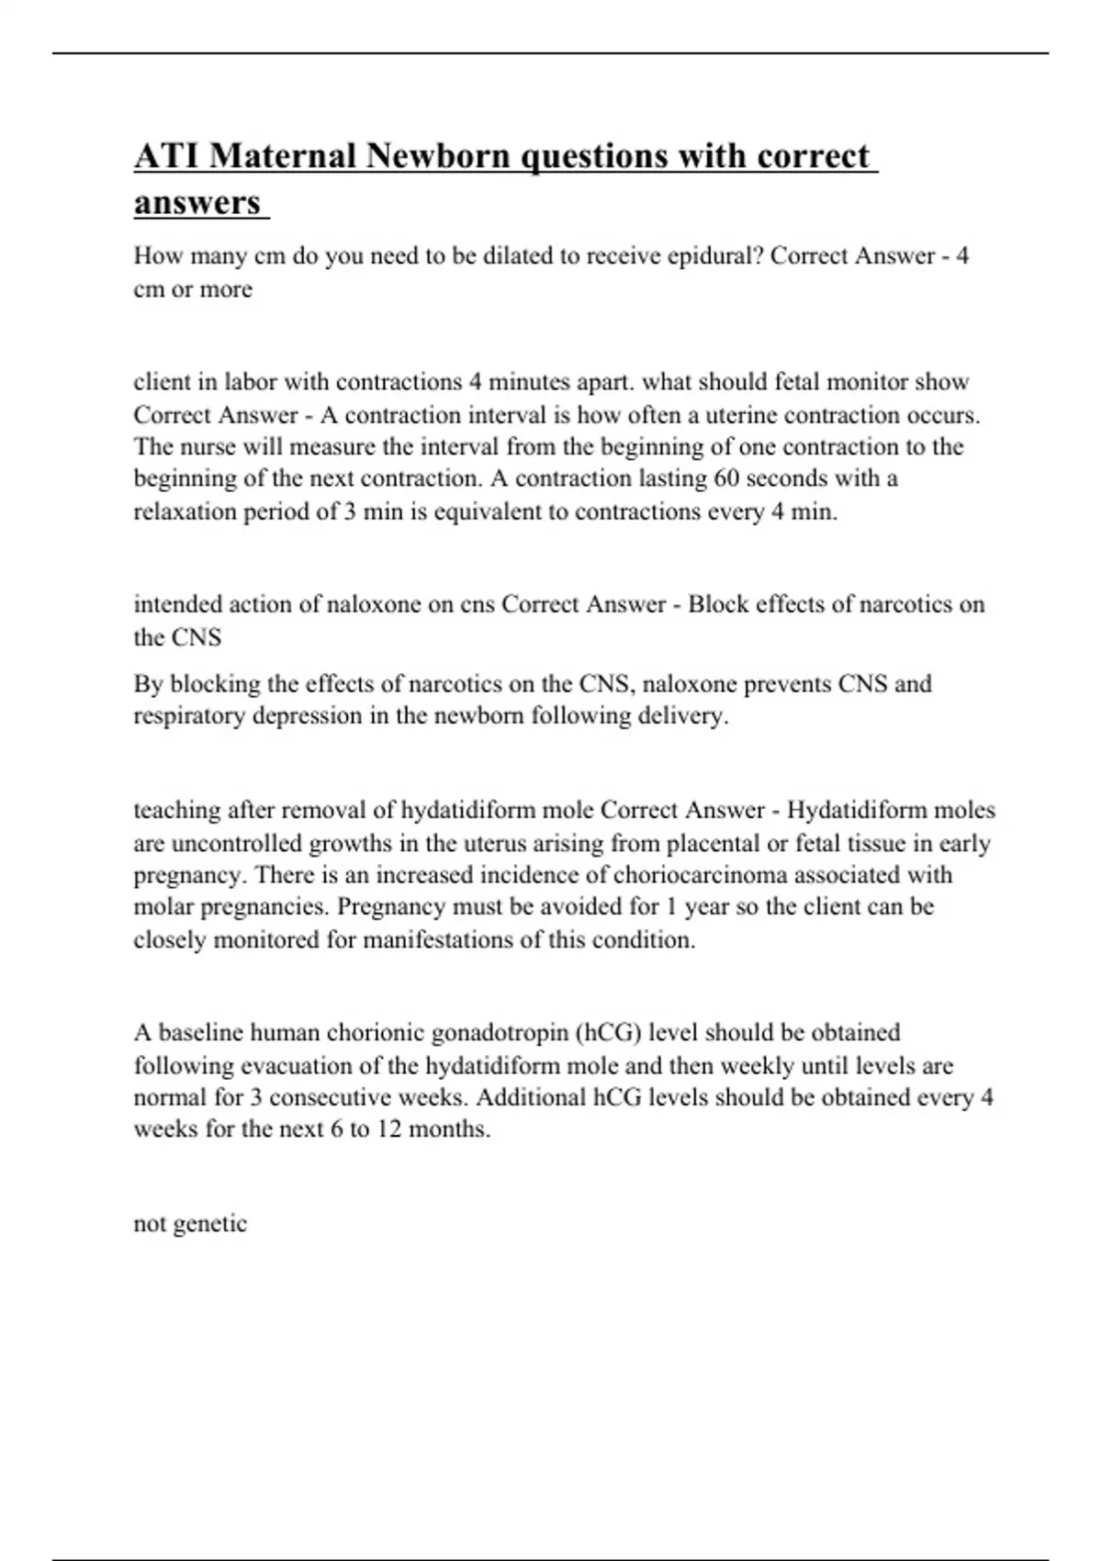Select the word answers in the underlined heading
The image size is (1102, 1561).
coord(197,202)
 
